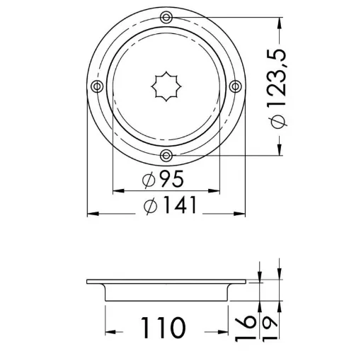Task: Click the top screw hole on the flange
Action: (166, 17)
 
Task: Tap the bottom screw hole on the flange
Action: (166, 155)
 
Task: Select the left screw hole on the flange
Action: (98, 86)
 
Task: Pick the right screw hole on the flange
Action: (236, 86)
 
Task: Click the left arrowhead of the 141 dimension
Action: (91, 213)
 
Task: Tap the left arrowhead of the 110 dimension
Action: (110, 331)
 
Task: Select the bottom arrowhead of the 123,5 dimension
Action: (282, 151)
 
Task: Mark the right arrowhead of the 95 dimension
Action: (216, 190)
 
